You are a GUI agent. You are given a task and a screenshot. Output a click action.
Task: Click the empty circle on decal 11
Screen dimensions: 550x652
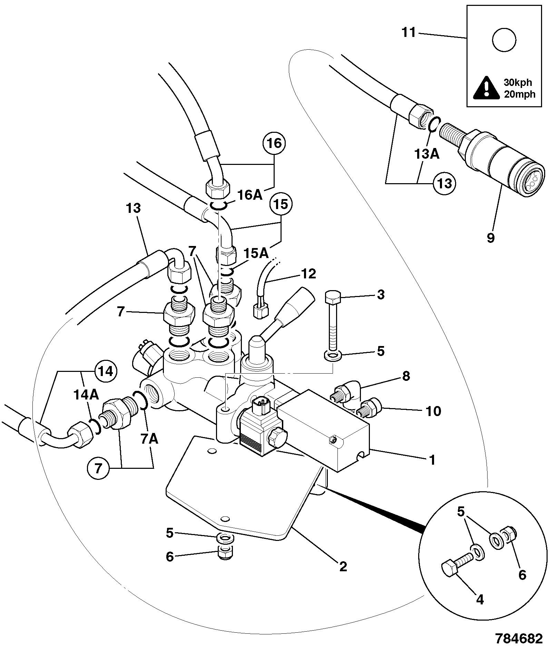[x=504, y=40]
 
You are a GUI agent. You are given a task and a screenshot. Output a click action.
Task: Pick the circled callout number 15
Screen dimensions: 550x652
[x=281, y=205]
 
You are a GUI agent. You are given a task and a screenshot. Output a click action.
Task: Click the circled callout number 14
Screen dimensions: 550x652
[x=106, y=372]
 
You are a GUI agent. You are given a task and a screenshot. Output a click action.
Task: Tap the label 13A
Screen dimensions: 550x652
[x=427, y=154]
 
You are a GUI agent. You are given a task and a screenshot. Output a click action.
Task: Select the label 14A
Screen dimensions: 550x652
[x=86, y=395]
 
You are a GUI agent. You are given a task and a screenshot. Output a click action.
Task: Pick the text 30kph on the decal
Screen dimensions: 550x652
[x=518, y=83]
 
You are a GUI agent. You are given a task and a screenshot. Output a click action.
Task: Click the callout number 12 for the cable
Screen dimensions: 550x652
[x=308, y=274]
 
